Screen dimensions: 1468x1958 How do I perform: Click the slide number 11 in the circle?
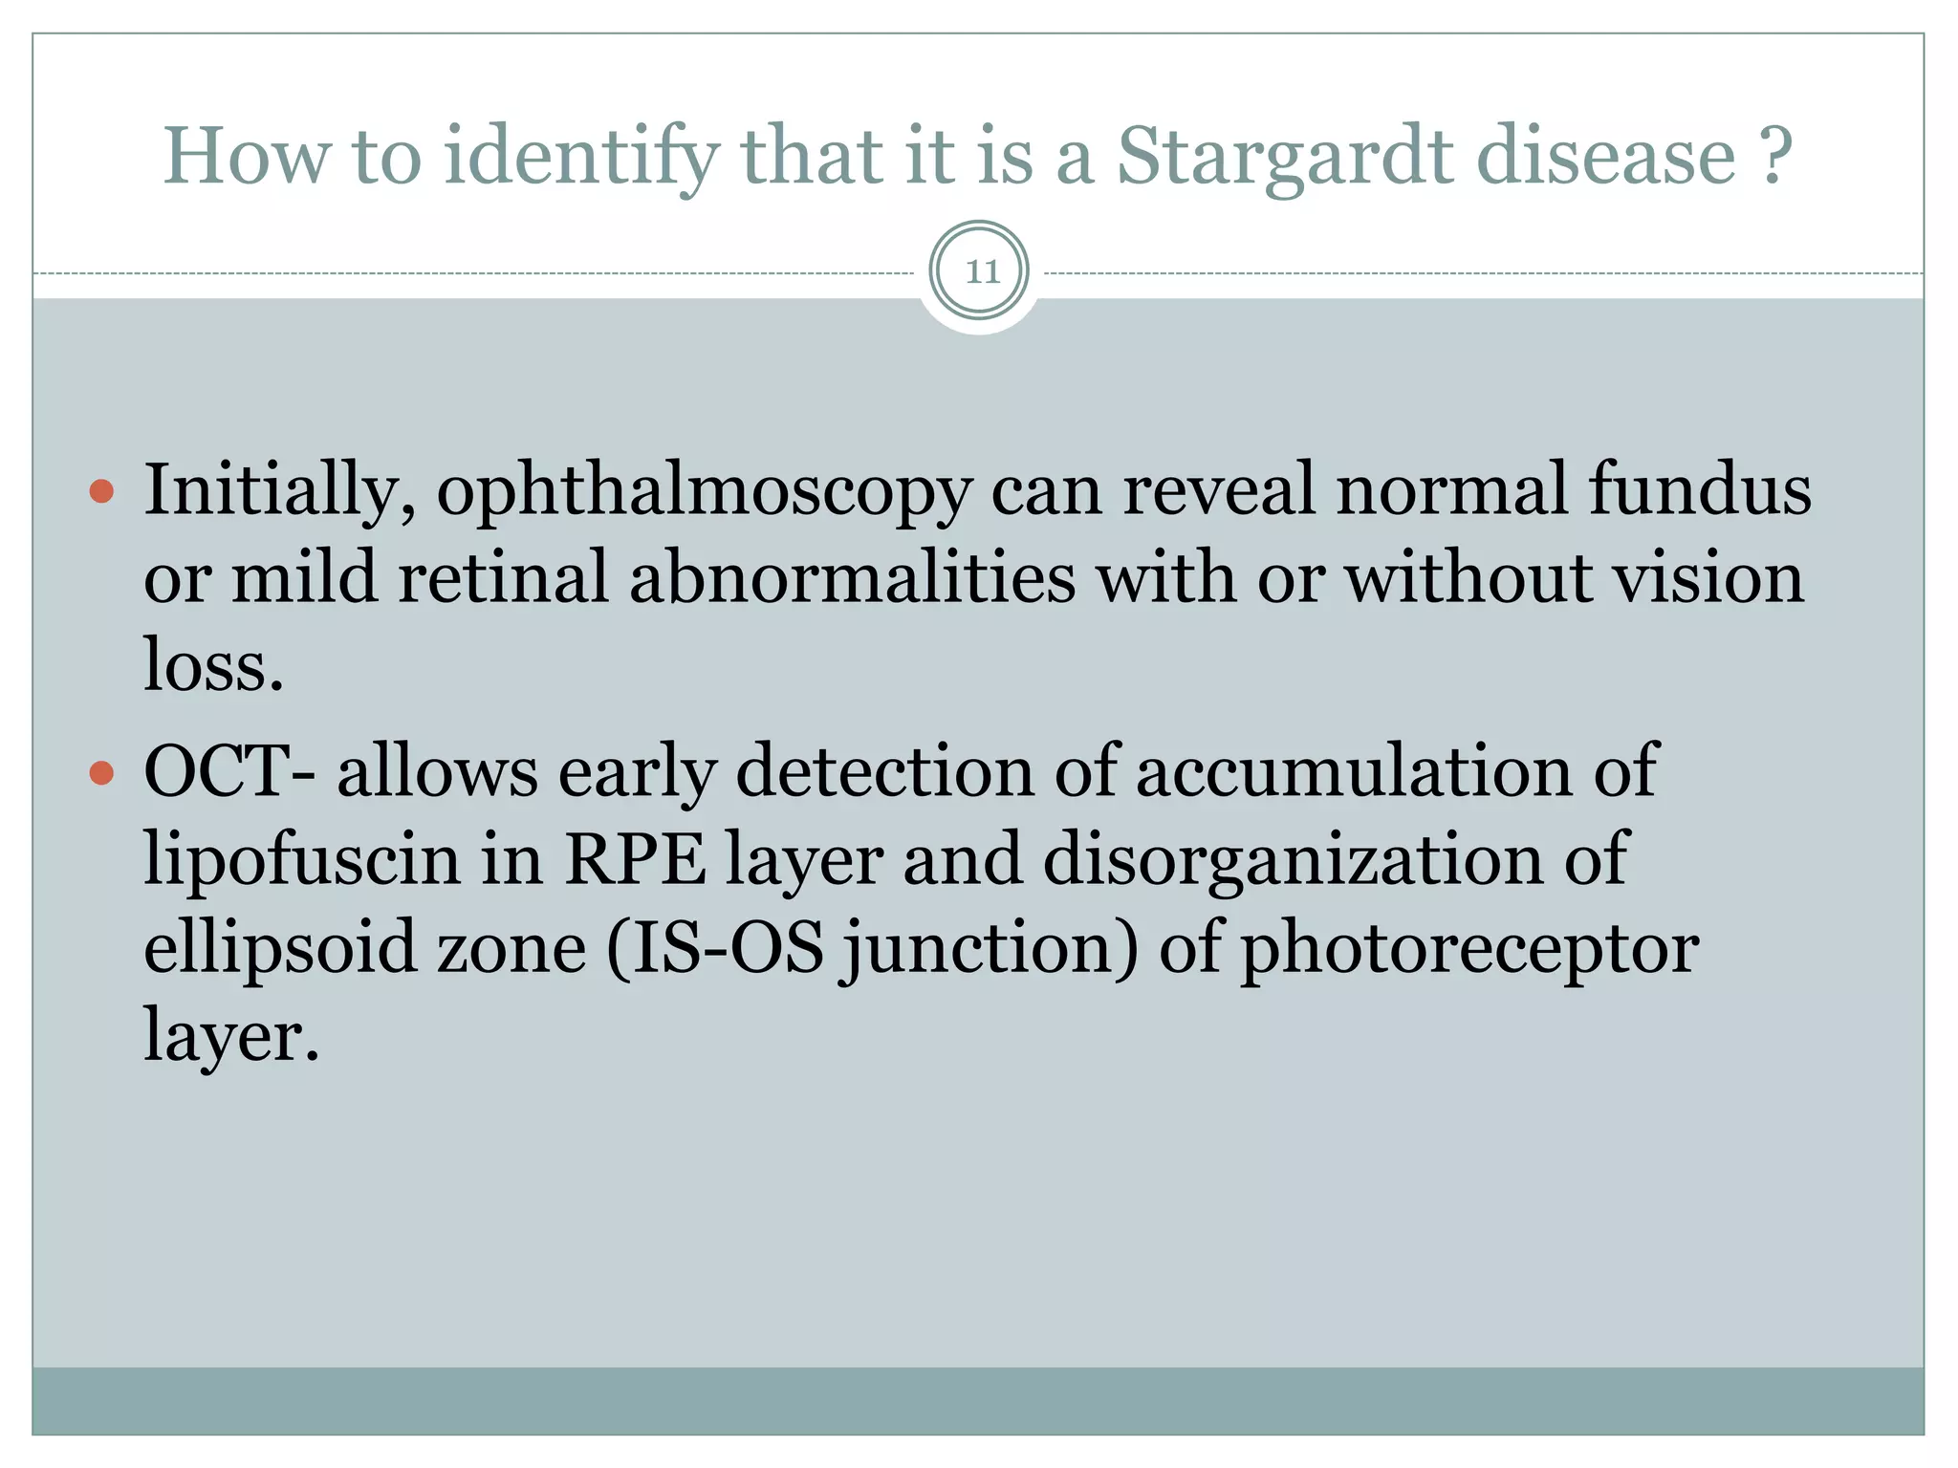pyautogui.click(x=980, y=272)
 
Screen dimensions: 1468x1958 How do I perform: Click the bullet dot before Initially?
pyautogui.click(x=101, y=492)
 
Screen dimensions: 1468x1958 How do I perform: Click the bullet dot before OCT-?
pyautogui.click(x=101, y=772)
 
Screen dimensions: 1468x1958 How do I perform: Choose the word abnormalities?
pyautogui.click(x=853, y=577)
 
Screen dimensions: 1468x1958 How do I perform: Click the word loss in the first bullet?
pyautogui.click(x=212, y=665)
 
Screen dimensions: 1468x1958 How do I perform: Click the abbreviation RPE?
pyautogui.click(x=635, y=858)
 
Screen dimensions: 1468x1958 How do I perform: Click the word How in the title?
pyautogui.click(x=247, y=157)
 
